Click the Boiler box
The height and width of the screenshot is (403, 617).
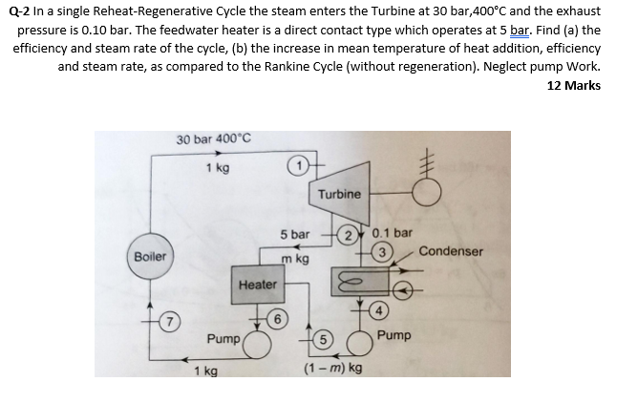click(x=150, y=257)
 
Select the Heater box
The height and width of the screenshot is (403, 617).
click(x=258, y=285)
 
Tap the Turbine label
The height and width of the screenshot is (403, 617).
click(x=339, y=194)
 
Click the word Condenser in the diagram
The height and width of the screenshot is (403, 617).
click(x=451, y=251)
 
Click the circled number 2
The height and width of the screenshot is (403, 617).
click(x=351, y=236)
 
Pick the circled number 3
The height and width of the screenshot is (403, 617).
click(x=381, y=252)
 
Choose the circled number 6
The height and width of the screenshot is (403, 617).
click(x=277, y=317)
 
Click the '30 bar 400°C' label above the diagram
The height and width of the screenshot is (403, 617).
click(x=213, y=139)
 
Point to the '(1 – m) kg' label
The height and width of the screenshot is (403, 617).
click(x=332, y=368)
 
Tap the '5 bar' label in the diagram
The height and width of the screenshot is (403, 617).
click(x=294, y=234)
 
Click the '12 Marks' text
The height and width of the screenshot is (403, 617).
click(x=574, y=85)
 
